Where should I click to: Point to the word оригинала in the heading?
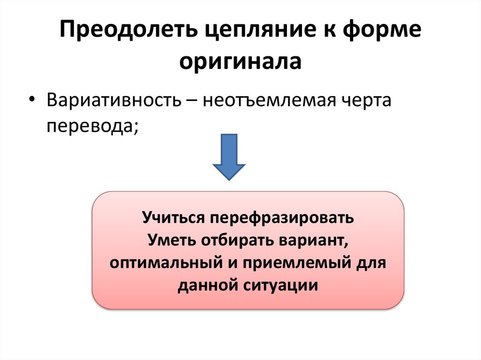(x=240, y=62)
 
